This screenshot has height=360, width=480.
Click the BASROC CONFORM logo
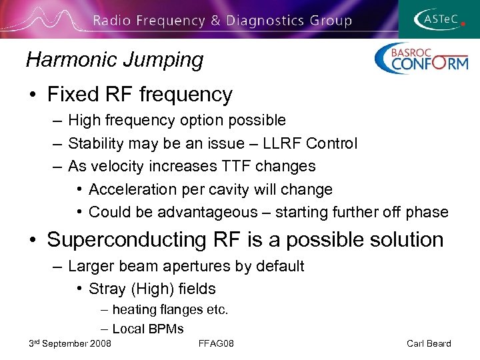point(421,59)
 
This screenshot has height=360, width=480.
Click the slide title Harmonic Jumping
point(115,60)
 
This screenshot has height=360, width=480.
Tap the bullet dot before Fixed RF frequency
point(33,95)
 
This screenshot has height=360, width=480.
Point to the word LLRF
point(282,143)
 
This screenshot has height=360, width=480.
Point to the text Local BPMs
point(148,329)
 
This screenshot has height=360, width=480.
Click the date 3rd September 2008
point(70,343)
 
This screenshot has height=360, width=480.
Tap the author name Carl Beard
point(429,343)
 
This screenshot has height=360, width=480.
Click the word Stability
point(96,143)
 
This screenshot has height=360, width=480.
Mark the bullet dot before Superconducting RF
point(33,240)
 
